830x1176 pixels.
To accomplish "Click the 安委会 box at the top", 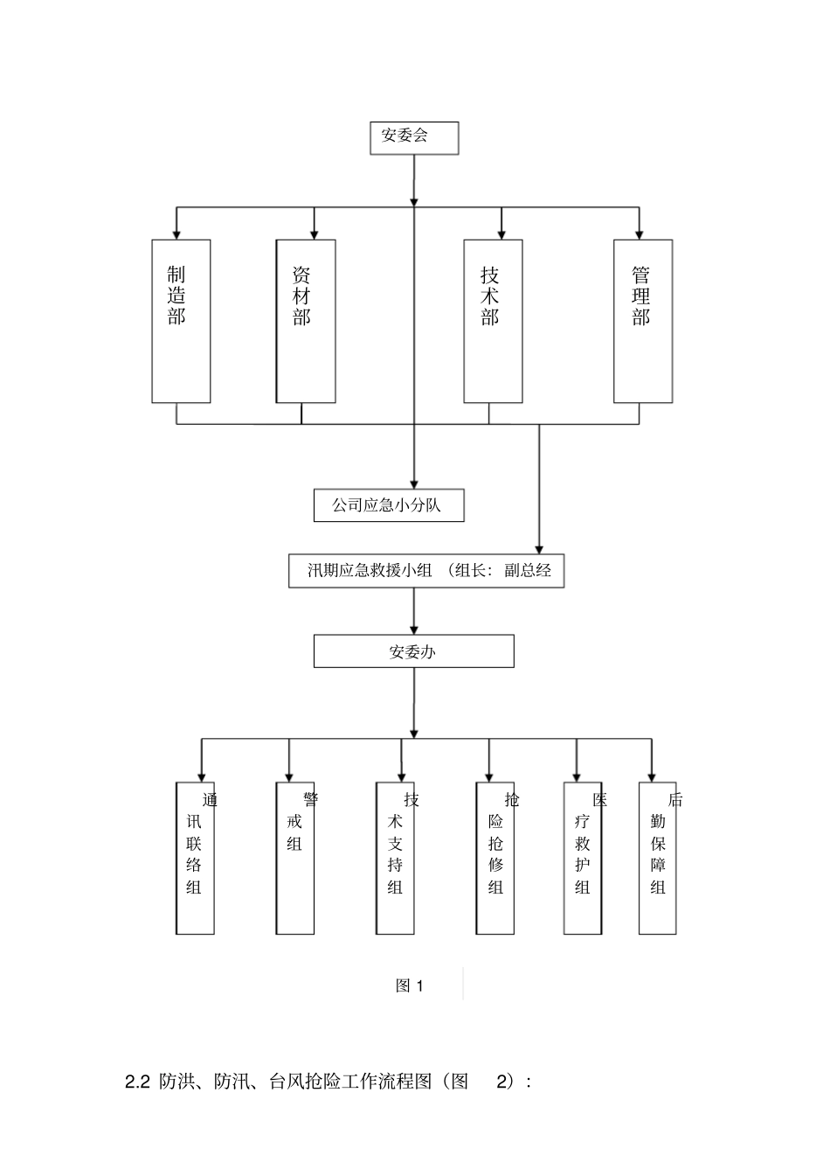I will click(x=414, y=138).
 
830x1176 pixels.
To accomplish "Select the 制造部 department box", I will click(x=181, y=321).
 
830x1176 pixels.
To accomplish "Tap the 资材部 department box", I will click(x=306, y=321).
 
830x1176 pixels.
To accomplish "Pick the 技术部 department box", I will click(x=493, y=321).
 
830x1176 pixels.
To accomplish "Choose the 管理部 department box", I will click(x=643, y=321).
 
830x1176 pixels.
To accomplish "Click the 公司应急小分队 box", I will click(x=389, y=505).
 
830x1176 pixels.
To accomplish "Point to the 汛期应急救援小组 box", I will click(x=426, y=571).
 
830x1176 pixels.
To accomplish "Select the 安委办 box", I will click(x=413, y=651).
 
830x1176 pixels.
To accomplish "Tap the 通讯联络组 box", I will click(x=196, y=858).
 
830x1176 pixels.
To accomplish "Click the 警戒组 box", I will click(x=295, y=858).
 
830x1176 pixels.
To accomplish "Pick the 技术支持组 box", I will click(x=396, y=858).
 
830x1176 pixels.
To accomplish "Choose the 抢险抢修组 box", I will click(x=495, y=858).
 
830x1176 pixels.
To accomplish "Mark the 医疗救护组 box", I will click(x=583, y=858).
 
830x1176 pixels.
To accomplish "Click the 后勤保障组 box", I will click(x=658, y=858).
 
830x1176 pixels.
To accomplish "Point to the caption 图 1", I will click(x=410, y=986).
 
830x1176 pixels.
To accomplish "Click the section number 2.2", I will click(x=138, y=1082).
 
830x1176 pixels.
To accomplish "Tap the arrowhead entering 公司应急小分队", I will click(x=414, y=484).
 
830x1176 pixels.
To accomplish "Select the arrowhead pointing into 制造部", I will click(x=176, y=234).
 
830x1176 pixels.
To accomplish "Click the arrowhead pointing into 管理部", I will click(x=640, y=234).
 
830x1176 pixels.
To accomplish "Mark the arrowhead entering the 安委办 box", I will click(x=414, y=629).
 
